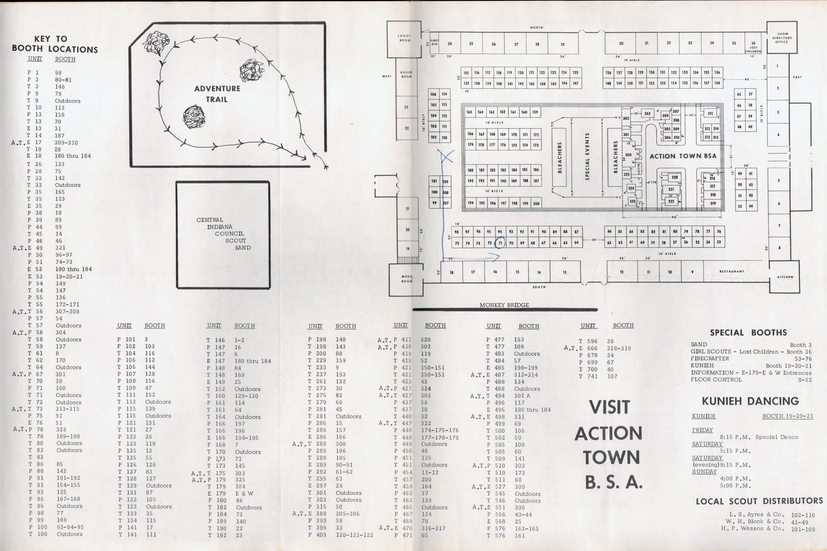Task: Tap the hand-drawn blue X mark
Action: point(446,156)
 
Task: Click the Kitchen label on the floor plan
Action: point(785,277)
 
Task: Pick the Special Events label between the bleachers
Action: point(587,156)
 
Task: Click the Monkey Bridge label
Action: point(504,305)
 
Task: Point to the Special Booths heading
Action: point(748,333)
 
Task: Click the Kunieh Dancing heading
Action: point(750,401)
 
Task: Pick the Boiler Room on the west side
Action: point(406,74)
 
